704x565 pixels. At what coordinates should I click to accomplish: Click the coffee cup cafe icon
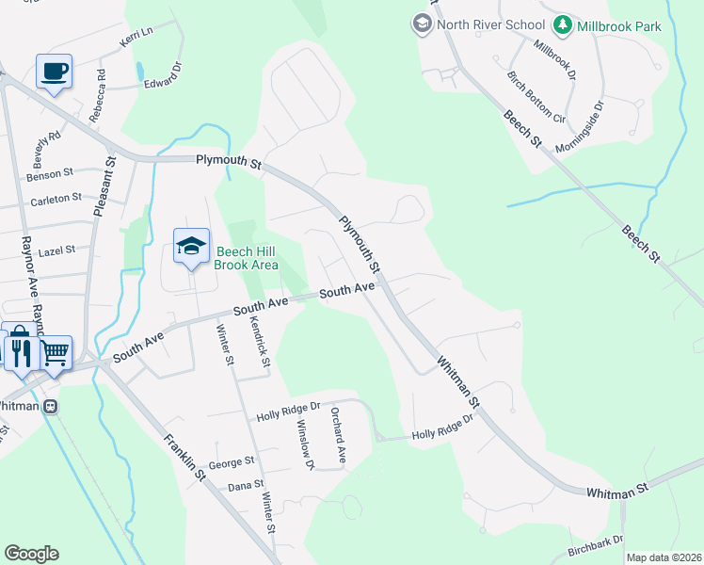pyautogui.click(x=54, y=71)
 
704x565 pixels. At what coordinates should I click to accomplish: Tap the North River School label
pyautogui.click(x=490, y=24)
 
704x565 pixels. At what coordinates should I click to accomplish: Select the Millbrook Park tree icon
pyautogui.click(x=563, y=24)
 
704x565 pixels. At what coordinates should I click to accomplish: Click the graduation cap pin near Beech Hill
pyautogui.click(x=191, y=247)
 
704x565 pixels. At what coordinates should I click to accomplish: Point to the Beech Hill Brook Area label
pyautogui.click(x=247, y=258)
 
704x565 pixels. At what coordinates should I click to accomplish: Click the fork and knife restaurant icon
pyautogui.click(x=23, y=351)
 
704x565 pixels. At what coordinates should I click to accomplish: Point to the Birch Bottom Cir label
pyautogui.click(x=536, y=97)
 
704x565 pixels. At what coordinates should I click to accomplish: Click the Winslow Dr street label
pyautogui.click(x=305, y=444)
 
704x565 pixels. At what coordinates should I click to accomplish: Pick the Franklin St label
pyautogui.click(x=184, y=456)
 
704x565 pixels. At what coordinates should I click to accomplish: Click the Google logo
pyautogui.click(x=31, y=554)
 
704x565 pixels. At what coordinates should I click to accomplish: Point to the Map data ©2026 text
pyautogui.click(x=664, y=557)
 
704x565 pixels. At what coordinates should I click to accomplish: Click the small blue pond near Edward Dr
pyautogui.click(x=140, y=71)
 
